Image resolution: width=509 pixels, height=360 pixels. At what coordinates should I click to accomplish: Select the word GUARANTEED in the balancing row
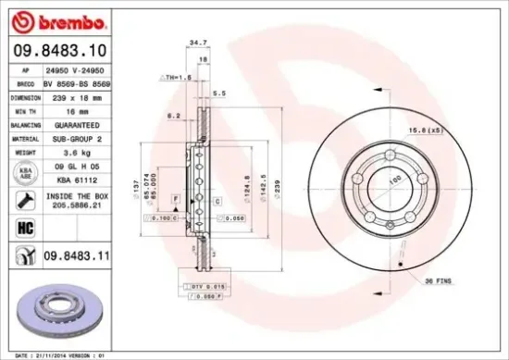(x=75, y=124)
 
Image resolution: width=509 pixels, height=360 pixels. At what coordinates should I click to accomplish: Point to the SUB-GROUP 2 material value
(x=75, y=137)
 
